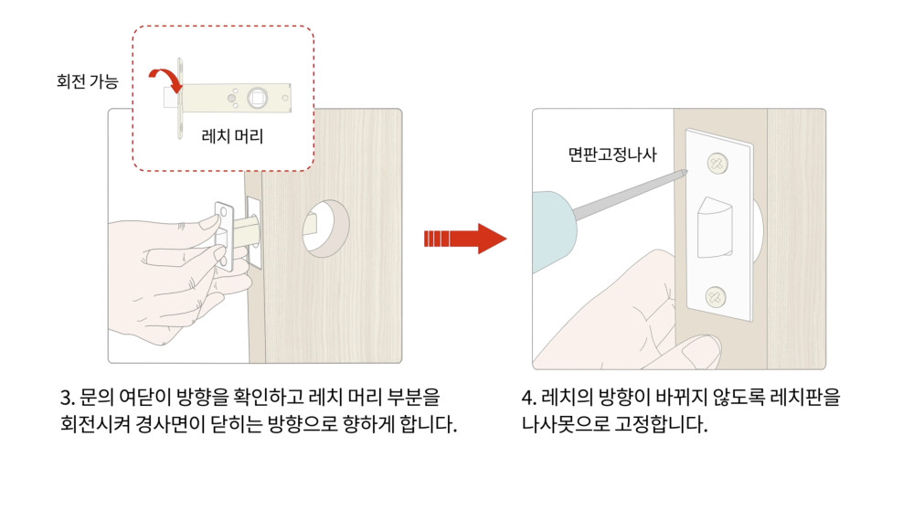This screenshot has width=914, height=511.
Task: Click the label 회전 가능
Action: click(x=88, y=81)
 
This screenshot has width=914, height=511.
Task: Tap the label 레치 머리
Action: click(x=232, y=136)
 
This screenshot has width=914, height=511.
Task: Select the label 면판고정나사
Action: click(x=612, y=154)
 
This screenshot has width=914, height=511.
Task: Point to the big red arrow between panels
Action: click(x=465, y=239)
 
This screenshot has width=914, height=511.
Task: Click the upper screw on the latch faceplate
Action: click(x=717, y=164)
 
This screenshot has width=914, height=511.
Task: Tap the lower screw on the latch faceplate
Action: click(x=716, y=297)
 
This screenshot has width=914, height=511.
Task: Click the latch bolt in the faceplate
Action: click(x=716, y=228)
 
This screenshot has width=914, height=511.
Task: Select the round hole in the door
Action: click(x=325, y=228)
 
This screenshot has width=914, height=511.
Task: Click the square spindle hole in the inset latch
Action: click(x=257, y=98)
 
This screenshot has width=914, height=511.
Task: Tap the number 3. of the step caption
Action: click(x=68, y=398)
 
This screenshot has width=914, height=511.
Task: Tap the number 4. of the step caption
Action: click(x=529, y=398)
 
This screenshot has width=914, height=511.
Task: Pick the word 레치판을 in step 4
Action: click(x=805, y=398)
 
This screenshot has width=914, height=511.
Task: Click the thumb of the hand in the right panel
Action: click(x=702, y=350)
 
